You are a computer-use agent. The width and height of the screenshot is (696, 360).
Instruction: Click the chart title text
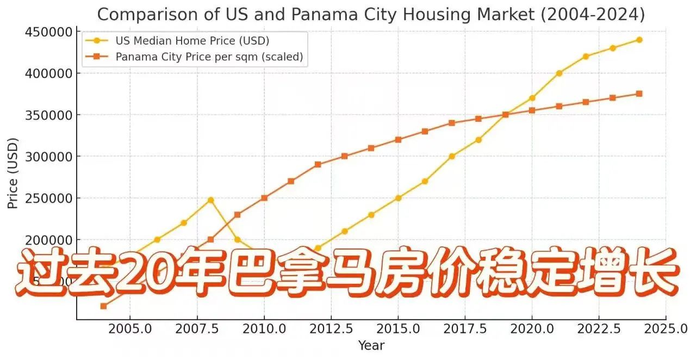pos(370,14)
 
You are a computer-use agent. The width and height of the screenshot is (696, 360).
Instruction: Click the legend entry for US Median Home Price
pos(192,40)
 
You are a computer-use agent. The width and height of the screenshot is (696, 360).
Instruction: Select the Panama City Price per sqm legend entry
pos(209,57)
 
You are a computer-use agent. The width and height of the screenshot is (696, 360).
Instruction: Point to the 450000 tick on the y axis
pos(49,32)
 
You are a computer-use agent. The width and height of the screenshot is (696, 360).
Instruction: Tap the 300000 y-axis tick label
pos(49,157)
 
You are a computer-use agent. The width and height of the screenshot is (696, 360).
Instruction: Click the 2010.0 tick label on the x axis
pos(264,328)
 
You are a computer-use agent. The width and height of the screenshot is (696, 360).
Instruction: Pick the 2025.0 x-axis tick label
pos(666,328)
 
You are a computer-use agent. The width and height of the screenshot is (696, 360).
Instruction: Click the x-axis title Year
pos(371,345)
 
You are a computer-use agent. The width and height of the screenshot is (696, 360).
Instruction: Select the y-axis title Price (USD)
pos(13,173)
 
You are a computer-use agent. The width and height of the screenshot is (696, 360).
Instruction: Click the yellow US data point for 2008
pos(210,200)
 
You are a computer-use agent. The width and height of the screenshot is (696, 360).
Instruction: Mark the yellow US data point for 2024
pos(639,40)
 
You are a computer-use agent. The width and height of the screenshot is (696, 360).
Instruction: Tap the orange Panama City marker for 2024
pos(639,94)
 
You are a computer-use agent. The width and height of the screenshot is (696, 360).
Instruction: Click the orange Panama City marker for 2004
pos(103,306)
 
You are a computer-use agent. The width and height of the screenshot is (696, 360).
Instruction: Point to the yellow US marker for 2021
pos(559,73)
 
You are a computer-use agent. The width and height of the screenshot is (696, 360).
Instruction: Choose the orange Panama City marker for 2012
pos(318,164)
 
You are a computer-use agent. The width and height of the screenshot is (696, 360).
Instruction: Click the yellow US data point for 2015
pos(398,198)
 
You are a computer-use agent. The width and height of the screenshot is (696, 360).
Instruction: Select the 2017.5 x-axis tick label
pos(465,328)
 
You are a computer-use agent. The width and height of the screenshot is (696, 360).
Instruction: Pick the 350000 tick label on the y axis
pos(49,115)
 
